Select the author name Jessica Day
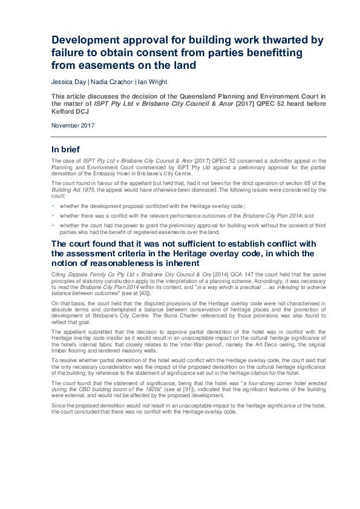tap(68, 82)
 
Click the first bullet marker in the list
tap(53, 206)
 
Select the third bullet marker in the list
tap(53, 225)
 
